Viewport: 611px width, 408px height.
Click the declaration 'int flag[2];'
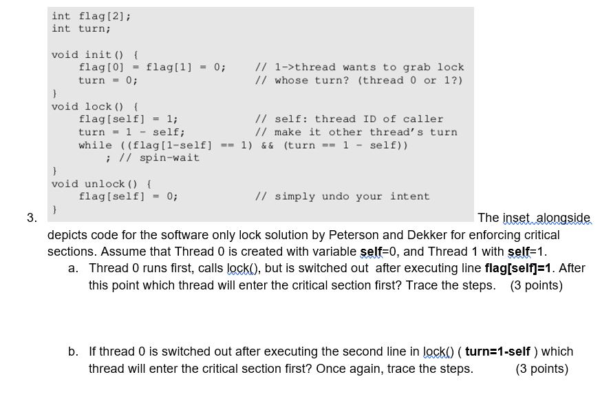point(92,17)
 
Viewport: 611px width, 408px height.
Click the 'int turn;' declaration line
point(81,28)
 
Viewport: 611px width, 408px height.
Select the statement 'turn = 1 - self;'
point(131,132)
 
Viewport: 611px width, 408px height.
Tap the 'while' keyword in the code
point(95,145)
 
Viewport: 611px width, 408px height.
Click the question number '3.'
point(32,218)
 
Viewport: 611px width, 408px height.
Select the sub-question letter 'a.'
point(73,268)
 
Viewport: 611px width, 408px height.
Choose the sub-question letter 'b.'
point(73,351)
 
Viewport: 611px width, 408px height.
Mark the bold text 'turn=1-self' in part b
point(497,351)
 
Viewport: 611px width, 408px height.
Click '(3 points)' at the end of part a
point(536,285)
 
